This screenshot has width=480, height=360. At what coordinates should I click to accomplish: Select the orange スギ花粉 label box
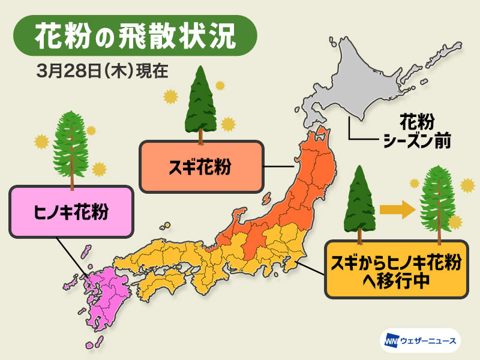201,166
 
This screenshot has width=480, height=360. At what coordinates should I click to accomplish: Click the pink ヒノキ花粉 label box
71,211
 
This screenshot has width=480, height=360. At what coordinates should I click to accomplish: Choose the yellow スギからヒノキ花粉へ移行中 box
396,269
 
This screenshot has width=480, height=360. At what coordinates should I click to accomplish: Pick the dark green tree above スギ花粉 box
200,105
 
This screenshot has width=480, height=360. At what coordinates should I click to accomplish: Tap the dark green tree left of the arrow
358,204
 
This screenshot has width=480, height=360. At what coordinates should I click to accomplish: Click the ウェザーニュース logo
419,341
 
